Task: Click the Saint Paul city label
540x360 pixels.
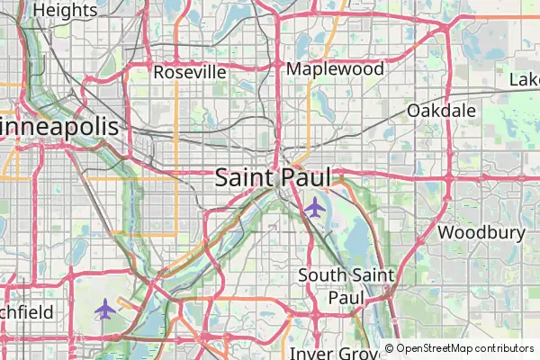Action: point(273,177)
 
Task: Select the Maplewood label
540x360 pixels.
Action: point(335,68)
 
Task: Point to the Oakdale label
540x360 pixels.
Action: point(441,110)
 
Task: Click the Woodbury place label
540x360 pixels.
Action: point(481,232)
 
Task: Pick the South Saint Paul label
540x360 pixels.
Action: point(347,285)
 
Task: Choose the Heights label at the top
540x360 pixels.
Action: point(65,10)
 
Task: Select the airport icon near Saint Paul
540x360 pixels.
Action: point(314,208)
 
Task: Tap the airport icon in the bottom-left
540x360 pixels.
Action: point(105,310)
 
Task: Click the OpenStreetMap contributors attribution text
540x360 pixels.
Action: point(459,348)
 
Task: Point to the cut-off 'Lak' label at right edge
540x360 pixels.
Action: point(524,80)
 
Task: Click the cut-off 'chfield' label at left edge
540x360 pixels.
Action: point(27,312)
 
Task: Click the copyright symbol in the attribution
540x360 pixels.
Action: point(390,348)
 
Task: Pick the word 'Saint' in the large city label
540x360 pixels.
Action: point(243,177)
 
